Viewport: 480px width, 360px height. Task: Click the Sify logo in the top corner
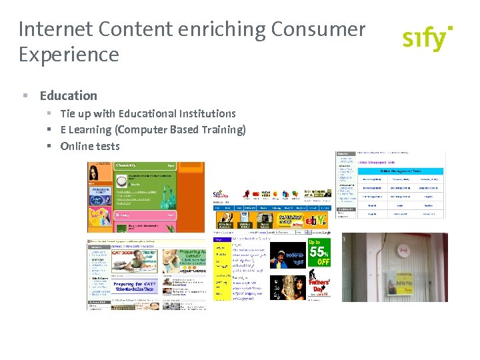[427, 38]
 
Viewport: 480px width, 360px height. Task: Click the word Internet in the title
[56, 29]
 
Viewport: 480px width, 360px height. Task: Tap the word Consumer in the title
[319, 29]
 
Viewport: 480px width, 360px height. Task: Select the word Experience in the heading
[69, 55]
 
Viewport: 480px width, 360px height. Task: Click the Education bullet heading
[68, 95]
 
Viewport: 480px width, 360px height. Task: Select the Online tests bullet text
[90, 146]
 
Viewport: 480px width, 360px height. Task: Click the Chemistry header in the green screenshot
[127, 165]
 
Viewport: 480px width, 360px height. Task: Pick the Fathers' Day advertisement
[319, 287]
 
